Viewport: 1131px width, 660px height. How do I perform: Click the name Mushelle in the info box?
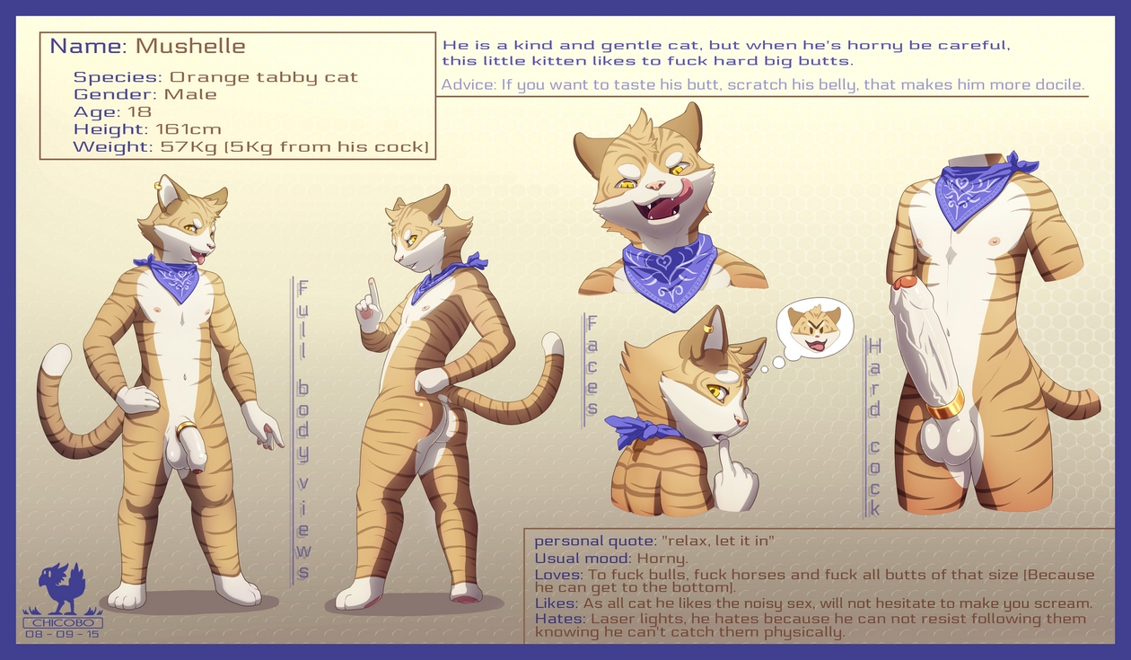click(190, 46)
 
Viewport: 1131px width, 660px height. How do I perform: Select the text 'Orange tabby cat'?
click(264, 76)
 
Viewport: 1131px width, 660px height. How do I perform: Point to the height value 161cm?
click(188, 129)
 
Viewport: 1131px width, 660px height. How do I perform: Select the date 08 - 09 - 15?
click(63, 634)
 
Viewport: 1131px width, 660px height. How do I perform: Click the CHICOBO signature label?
click(63, 622)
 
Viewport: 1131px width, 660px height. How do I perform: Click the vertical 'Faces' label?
click(592, 371)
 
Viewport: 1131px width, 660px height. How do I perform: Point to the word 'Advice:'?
click(469, 84)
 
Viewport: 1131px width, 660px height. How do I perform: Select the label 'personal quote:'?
click(595, 541)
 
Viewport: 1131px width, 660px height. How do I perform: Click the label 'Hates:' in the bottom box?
click(560, 619)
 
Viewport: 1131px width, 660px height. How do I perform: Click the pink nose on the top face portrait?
click(656, 185)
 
